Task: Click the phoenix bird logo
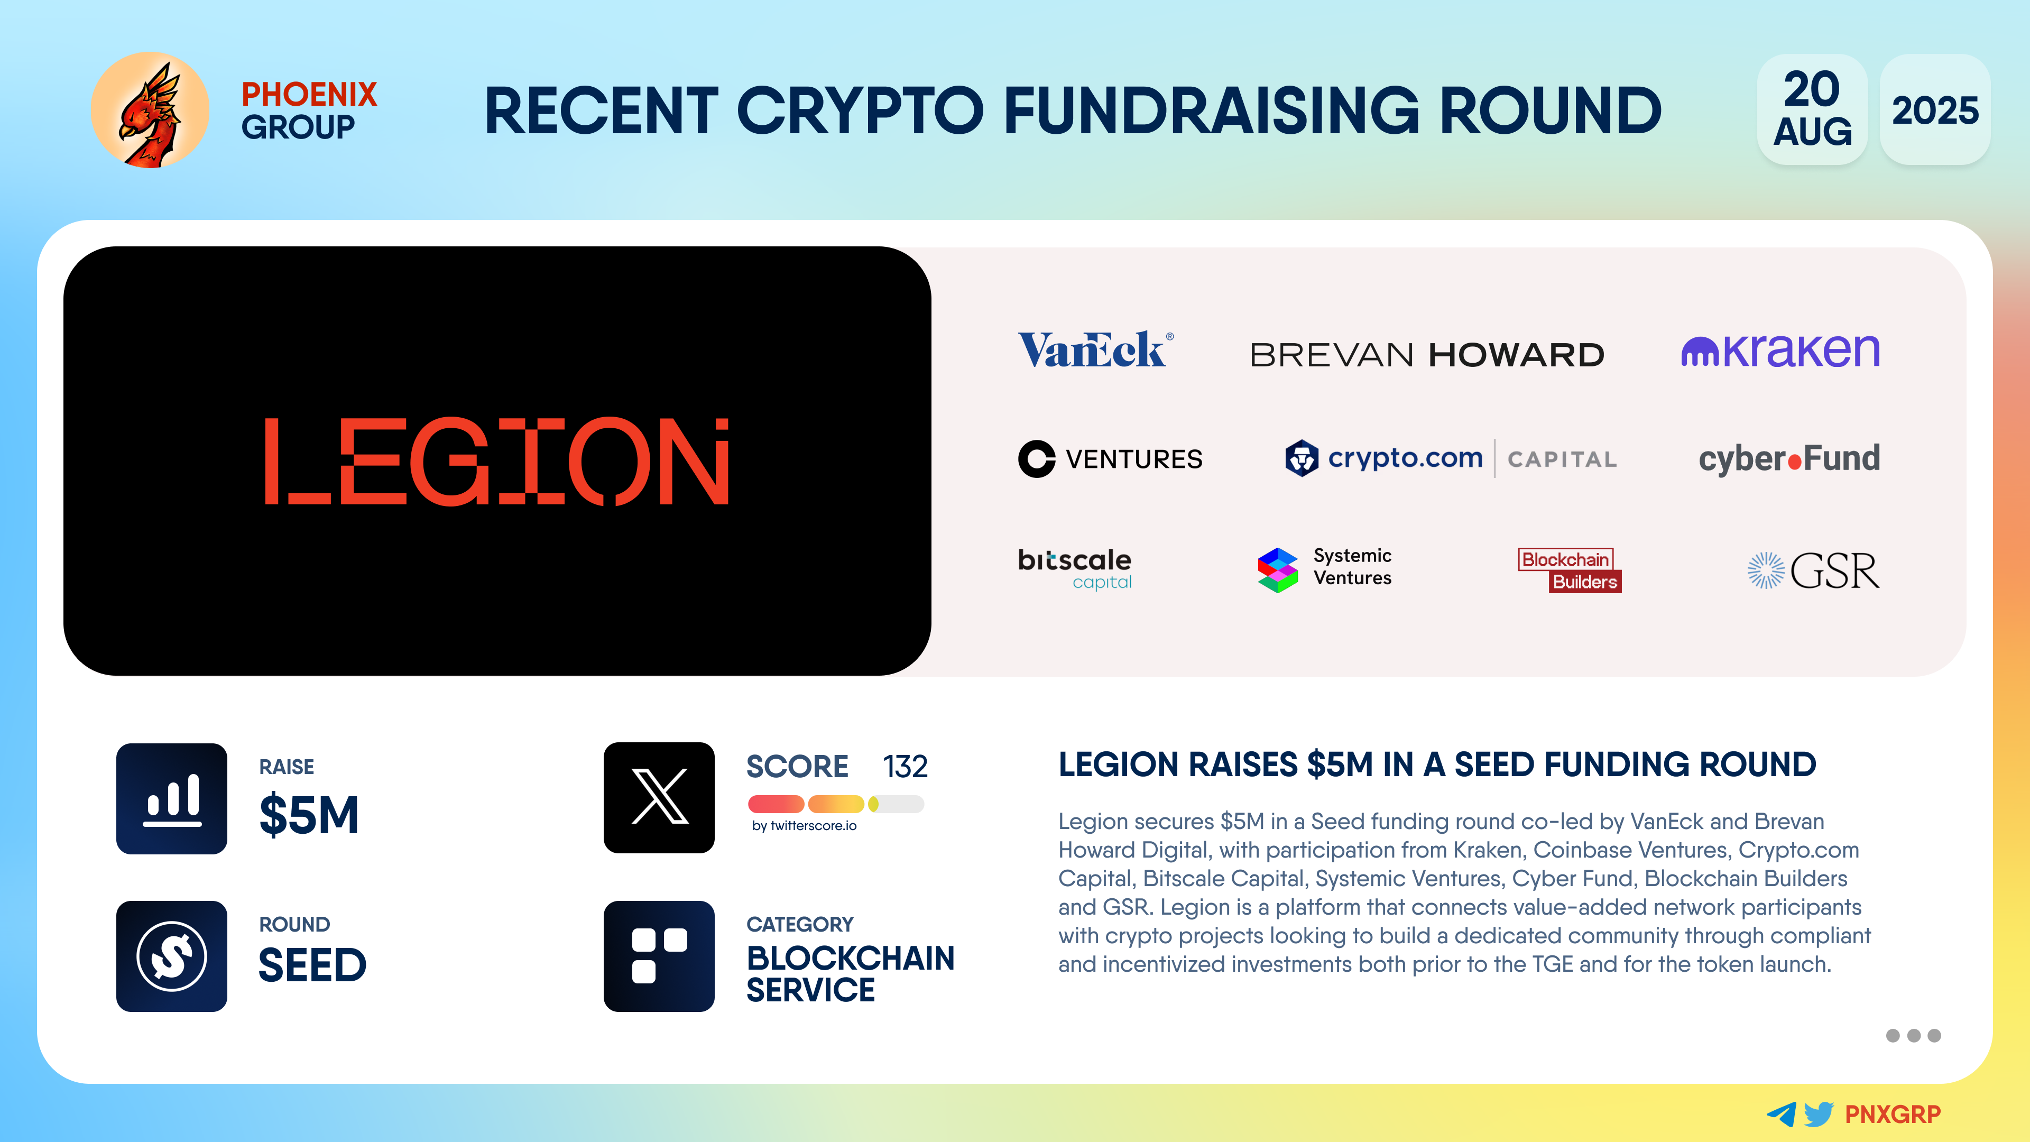point(150,110)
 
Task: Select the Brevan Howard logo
point(1427,355)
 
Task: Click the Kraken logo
point(1780,350)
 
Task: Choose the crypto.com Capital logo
point(1451,458)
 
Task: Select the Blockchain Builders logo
point(1570,570)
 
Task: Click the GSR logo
point(1813,570)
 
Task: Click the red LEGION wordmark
point(496,461)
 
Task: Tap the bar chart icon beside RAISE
point(172,798)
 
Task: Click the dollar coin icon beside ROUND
point(172,956)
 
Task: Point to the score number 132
point(905,766)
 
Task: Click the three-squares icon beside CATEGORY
point(659,956)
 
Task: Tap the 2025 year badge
point(1935,109)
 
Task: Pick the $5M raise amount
point(309,814)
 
